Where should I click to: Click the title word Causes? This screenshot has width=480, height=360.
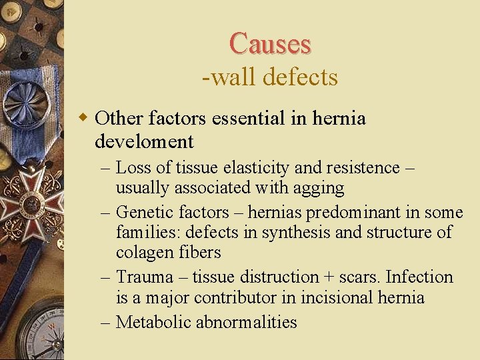point(270,44)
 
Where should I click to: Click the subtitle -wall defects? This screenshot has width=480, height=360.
point(270,77)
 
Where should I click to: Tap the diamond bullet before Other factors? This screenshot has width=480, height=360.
point(83,118)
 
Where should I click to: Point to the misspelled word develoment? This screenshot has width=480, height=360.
point(144,141)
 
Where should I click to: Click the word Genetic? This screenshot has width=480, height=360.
point(144,212)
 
